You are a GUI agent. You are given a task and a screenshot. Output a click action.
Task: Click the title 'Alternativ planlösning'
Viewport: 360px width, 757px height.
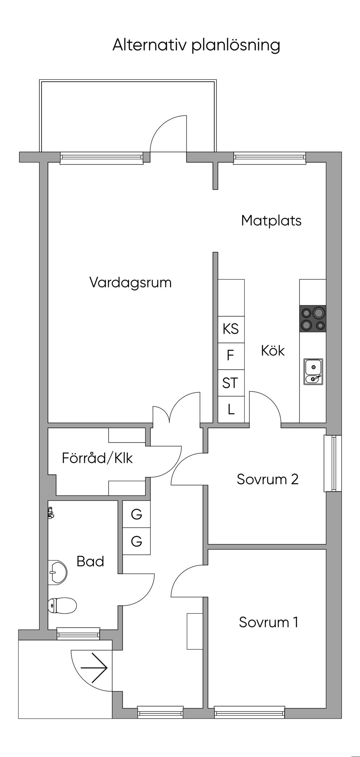[x=196, y=46]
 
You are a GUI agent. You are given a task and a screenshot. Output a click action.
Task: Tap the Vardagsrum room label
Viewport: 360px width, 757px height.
[x=130, y=283]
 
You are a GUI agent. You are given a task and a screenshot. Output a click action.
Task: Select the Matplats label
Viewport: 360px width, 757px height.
[x=271, y=221]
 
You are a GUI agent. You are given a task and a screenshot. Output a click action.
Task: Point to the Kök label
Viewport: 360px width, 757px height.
[x=273, y=351]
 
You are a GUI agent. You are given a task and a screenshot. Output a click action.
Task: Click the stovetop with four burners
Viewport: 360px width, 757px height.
[x=313, y=319]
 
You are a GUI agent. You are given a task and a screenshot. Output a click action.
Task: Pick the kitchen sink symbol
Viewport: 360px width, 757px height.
[x=314, y=371]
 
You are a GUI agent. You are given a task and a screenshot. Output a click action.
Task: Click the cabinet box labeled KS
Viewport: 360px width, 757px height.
[x=231, y=329]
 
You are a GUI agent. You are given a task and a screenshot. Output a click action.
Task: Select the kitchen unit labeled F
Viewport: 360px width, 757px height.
[x=231, y=356]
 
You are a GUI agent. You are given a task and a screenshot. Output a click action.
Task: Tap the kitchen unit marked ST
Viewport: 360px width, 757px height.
[x=231, y=383]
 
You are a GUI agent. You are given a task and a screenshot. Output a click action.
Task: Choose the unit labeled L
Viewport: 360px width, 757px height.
[x=231, y=409]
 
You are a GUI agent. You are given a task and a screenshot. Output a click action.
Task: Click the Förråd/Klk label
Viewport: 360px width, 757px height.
[x=97, y=459]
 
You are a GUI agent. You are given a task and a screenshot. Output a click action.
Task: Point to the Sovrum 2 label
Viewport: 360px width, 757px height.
[x=268, y=479]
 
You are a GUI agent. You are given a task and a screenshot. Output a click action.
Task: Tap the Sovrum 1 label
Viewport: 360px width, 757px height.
[x=269, y=622]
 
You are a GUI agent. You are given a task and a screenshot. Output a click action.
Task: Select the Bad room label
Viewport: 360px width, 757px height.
[x=90, y=562]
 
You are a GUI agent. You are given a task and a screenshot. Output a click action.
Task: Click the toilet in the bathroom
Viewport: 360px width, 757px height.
[x=62, y=605]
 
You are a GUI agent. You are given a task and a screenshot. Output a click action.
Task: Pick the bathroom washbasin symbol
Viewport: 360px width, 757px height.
[x=57, y=573]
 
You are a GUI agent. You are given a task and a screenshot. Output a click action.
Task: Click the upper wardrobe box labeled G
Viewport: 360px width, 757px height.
[x=136, y=514]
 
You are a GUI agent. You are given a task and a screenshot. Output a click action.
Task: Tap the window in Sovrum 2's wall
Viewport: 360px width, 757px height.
[x=333, y=463]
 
